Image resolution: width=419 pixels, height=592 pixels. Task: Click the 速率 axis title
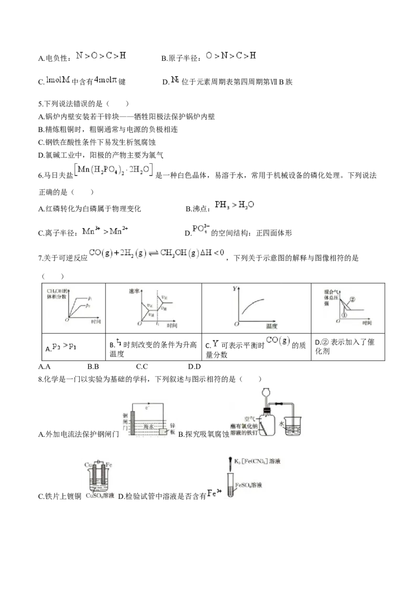coord(134,292)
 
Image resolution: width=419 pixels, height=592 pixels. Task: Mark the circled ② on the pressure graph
coord(352,299)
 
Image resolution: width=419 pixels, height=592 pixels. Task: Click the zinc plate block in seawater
coord(164,431)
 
